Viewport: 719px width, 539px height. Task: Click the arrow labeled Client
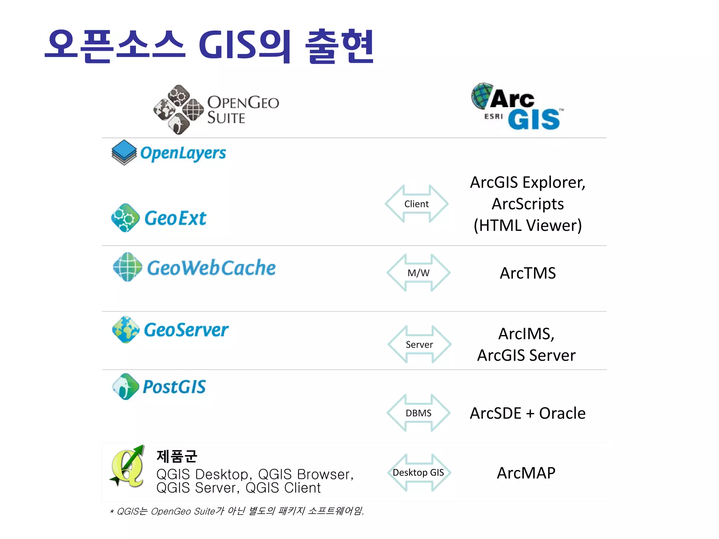(x=416, y=204)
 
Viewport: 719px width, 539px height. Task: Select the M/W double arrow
(x=418, y=273)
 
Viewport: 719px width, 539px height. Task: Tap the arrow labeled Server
(x=419, y=344)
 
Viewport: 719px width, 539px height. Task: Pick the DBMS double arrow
(x=418, y=413)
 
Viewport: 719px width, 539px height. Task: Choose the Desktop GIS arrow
(x=418, y=473)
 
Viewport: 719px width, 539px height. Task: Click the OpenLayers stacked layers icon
(x=124, y=152)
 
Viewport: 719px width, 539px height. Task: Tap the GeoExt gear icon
(x=125, y=218)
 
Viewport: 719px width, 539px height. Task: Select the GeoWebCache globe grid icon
(x=127, y=267)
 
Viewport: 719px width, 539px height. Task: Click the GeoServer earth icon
(x=126, y=330)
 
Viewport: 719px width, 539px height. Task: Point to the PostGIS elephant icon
(x=125, y=387)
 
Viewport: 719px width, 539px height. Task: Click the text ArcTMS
(x=528, y=273)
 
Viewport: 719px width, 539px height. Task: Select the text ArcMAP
(x=526, y=473)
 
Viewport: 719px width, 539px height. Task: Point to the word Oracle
(x=562, y=413)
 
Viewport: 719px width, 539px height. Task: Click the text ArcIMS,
(x=526, y=334)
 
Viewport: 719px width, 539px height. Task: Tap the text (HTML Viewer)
(x=528, y=225)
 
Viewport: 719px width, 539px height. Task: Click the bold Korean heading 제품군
(x=177, y=456)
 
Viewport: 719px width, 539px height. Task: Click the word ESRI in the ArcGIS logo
(x=494, y=117)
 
